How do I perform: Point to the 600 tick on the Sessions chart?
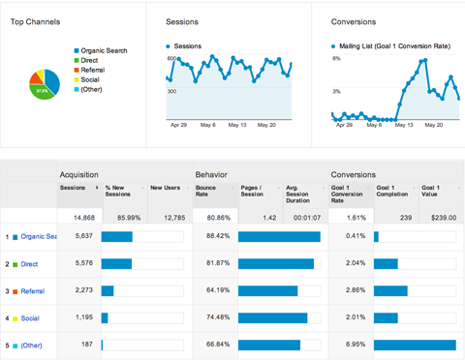click(x=170, y=59)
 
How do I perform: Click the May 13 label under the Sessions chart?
click(x=237, y=124)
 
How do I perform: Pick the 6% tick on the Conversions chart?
click(x=335, y=59)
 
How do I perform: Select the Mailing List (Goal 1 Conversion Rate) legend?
click(x=393, y=45)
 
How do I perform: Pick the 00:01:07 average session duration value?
click(x=306, y=218)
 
